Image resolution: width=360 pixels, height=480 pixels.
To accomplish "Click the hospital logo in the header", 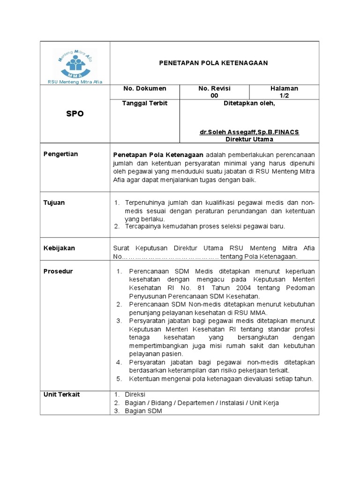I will point(75,63).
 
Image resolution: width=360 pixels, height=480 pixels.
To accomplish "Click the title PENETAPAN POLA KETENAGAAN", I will point(214,63).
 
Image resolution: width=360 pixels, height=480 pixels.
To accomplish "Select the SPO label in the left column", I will point(75,114).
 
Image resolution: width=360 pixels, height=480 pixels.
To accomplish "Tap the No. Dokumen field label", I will point(144,89).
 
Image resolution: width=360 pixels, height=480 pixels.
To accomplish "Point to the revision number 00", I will point(214,96).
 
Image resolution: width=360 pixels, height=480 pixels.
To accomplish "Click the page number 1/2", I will point(284,96).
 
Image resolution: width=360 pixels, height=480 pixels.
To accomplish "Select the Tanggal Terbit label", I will point(145,103).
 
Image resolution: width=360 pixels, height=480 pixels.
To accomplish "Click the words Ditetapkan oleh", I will point(249,103).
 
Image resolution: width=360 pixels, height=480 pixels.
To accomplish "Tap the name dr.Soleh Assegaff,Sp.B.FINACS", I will point(249,132).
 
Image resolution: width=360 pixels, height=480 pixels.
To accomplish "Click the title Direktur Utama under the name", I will point(249,139).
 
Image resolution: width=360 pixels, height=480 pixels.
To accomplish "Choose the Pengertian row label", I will point(60,154).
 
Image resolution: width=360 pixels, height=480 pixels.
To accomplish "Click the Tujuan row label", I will point(54,203).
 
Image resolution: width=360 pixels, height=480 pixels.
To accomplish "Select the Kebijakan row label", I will point(59,248).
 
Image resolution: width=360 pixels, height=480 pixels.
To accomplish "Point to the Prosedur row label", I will point(58,271).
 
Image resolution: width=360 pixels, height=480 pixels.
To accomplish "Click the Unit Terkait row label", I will point(61,394).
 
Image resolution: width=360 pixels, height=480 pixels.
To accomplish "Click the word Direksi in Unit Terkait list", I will point(135,395).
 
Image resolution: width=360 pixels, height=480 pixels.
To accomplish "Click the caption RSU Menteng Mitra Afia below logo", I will point(75,82).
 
